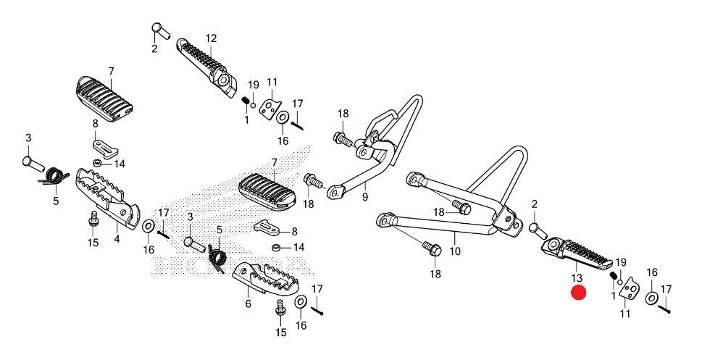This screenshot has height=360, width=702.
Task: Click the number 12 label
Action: tap(211, 38)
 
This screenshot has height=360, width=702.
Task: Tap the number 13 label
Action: tap(577, 277)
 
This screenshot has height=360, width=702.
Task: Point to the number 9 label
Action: tap(365, 196)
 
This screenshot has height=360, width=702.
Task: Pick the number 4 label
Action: tap(117, 237)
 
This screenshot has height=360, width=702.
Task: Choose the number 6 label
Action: tap(248, 304)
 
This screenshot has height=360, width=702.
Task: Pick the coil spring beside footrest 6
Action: tap(217, 255)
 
